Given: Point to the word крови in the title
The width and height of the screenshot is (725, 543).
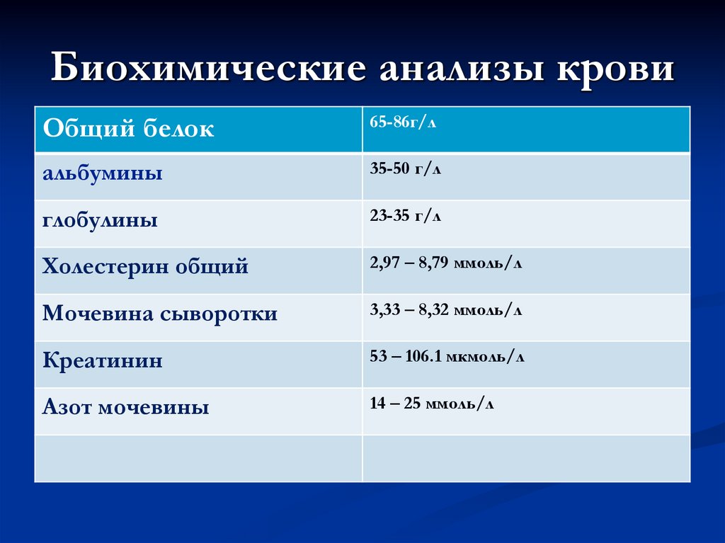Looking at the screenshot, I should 616,71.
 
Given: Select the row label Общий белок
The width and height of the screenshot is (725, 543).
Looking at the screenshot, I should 128,129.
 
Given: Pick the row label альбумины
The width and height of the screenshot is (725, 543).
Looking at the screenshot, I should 103,173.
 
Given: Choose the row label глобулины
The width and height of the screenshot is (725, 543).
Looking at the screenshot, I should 100,220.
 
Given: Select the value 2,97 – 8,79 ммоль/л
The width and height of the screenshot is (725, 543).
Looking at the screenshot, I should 446,263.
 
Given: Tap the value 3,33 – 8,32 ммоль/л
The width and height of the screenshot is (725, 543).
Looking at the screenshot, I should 446,310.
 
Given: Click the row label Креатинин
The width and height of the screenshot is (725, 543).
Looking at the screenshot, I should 103,361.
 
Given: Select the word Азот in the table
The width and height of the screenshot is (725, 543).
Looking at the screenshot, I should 67,408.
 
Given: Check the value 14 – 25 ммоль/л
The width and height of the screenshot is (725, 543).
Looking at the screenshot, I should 432,404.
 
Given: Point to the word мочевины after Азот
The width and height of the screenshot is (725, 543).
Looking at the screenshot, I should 154,408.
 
